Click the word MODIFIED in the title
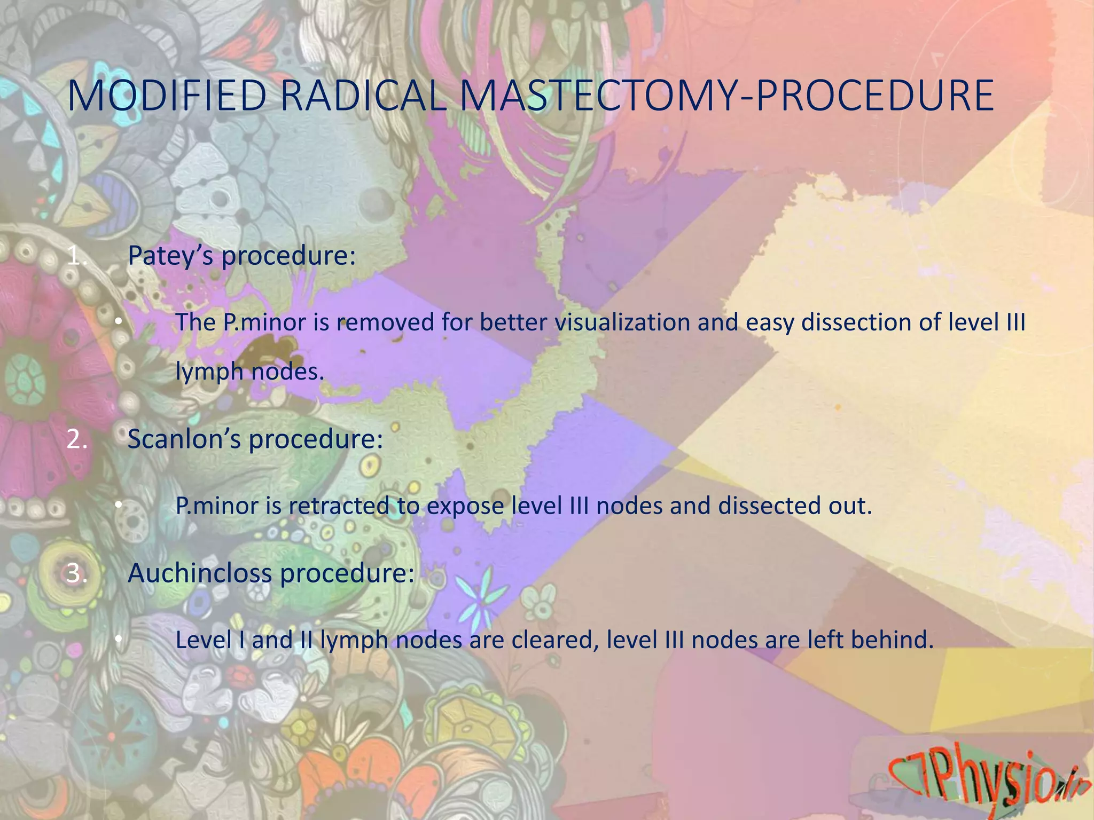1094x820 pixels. pyautogui.click(x=167, y=96)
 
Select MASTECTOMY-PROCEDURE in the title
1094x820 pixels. pyautogui.click(x=726, y=96)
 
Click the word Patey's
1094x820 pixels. pyautogui.click(x=171, y=256)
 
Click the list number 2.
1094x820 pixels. pyautogui.click(x=76, y=440)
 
